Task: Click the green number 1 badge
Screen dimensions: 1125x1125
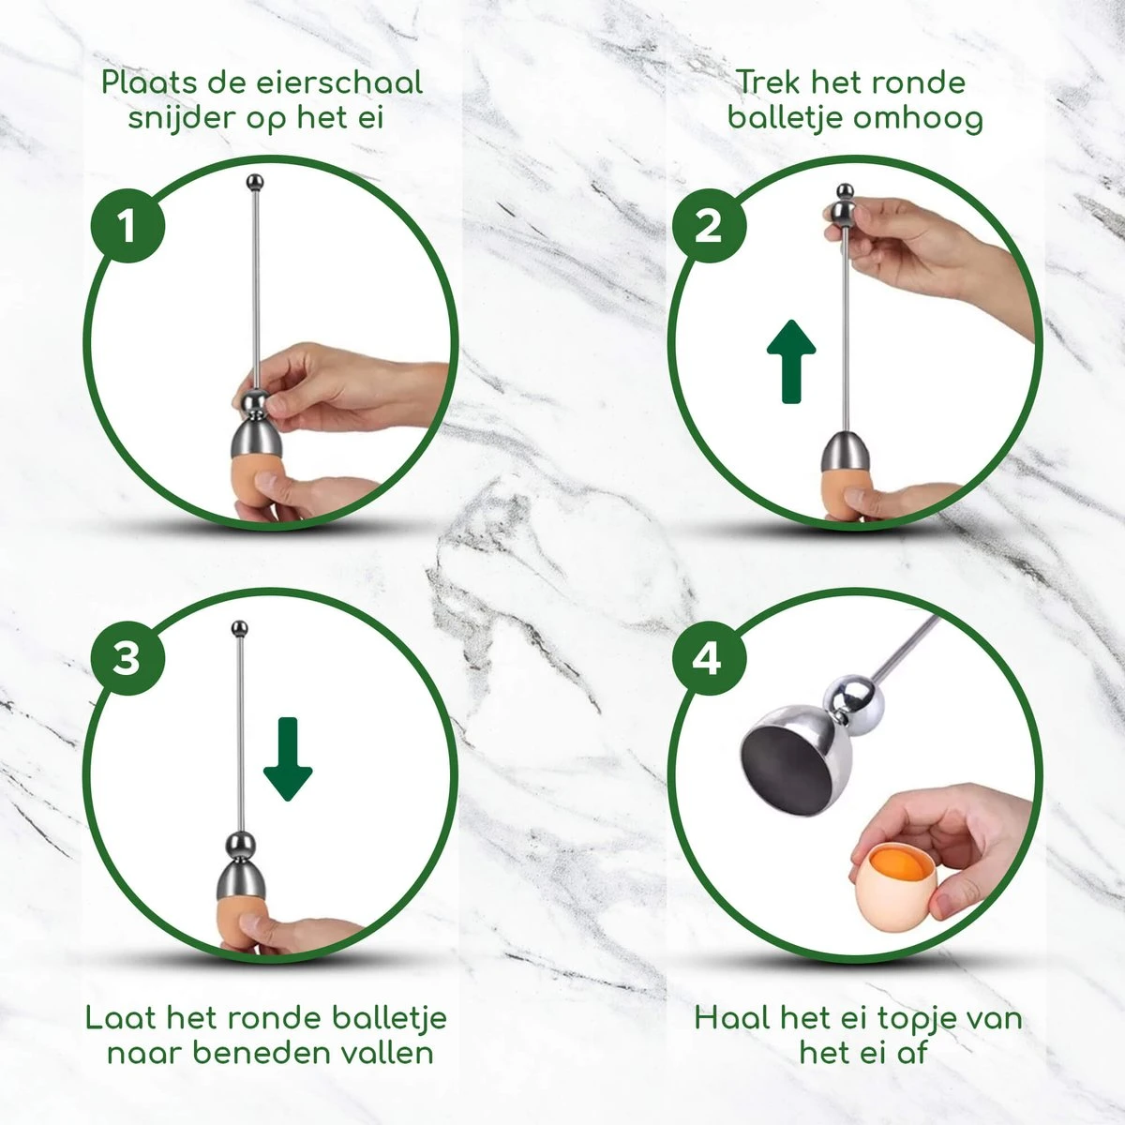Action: click(127, 225)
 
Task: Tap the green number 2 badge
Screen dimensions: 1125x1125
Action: click(708, 225)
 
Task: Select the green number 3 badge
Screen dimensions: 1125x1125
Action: click(127, 658)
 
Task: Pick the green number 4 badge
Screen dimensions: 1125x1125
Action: click(708, 658)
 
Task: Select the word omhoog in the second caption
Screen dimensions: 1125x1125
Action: click(908, 118)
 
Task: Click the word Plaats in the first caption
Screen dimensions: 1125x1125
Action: click(147, 82)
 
